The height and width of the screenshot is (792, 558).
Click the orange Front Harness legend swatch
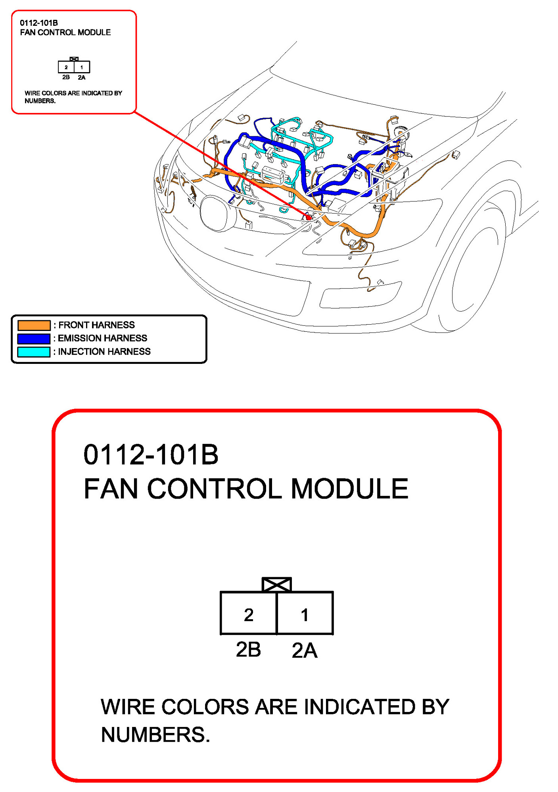coord(34,325)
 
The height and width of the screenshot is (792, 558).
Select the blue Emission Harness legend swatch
coord(34,339)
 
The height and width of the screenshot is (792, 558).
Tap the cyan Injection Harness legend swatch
coord(34,352)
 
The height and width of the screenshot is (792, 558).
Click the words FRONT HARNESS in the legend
coord(96,325)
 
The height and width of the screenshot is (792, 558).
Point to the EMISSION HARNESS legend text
coord(102,338)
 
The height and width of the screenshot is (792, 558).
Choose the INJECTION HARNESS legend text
coord(104,352)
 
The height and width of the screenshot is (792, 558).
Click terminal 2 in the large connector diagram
coord(249,613)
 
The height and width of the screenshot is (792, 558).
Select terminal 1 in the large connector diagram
coord(305,613)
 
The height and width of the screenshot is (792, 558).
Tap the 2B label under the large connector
coord(248,650)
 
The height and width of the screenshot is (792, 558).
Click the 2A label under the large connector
coord(305,650)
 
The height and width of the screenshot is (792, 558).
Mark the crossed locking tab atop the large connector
coord(277,585)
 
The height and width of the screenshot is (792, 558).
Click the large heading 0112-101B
coord(151,454)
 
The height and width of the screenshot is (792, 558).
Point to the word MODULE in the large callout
coord(349,488)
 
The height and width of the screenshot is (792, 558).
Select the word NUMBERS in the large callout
coord(155,735)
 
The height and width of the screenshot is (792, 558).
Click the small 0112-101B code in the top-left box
coord(39,23)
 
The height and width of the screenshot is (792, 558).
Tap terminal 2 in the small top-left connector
coord(66,67)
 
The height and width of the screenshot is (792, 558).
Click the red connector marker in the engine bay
coord(308,217)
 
